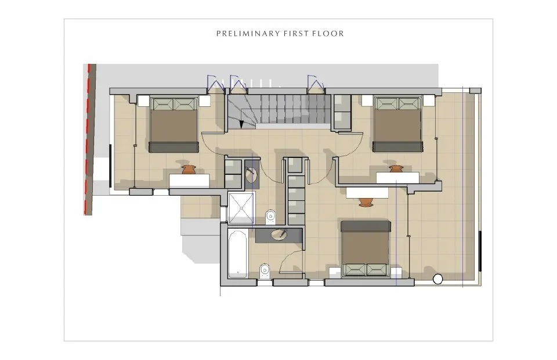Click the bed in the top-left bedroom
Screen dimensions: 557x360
(x=173, y=125)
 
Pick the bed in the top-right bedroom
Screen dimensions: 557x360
(x=397, y=124)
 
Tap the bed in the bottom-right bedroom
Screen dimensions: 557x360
(x=366, y=249)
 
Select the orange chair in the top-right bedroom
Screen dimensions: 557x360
(x=396, y=168)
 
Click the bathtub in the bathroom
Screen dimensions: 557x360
(x=238, y=254)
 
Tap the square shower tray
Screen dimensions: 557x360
(x=241, y=208)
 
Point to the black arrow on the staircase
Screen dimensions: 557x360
(x=241, y=124)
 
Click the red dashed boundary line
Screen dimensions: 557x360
(x=88, y=139)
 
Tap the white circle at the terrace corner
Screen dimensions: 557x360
(x=438, y=279)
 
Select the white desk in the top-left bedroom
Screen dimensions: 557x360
(x=189, y=181)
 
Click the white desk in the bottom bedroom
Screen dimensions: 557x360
(x=367, y=193)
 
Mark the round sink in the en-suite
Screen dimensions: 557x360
(x=251, y=175)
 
